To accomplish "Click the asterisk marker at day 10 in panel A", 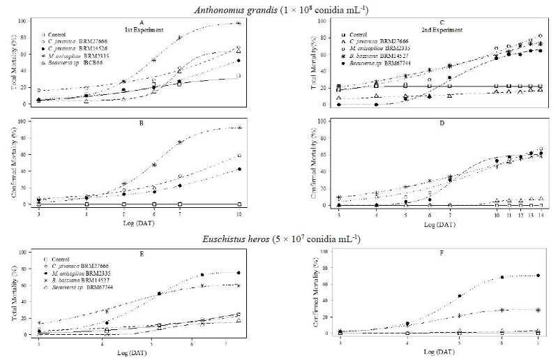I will tap(239, 23).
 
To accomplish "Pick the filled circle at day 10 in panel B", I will tap(239, 170).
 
